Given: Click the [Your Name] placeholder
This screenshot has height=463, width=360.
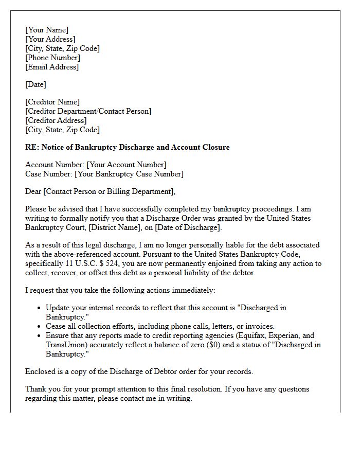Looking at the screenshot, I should click(x=47, y=30).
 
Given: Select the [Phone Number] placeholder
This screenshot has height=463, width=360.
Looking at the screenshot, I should click(x=52, y=58).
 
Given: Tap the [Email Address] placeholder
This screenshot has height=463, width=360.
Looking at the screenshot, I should click(x=52, y=67).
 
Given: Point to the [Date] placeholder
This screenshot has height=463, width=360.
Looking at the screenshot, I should click(x=35, y=84).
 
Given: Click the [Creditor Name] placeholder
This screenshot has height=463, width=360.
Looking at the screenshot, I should click(x=52, y=102).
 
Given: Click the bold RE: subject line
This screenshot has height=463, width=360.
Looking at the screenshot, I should click(x=128, y=147).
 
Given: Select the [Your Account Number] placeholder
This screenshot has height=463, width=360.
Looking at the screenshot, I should click(x=127, y=165).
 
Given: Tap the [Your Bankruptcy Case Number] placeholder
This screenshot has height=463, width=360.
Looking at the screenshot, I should click(x=129, y=174).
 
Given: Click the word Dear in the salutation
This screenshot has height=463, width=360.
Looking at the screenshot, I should click(x=33, y=191).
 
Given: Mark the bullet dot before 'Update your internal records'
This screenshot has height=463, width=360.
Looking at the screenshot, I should click(x=40, y=308).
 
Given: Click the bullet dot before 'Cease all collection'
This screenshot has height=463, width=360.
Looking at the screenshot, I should click(x=40, y=326).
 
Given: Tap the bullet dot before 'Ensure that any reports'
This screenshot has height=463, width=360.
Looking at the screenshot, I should click(x=40, y=335).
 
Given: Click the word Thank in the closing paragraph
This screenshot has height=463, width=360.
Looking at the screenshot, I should click(x=36, y=389).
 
